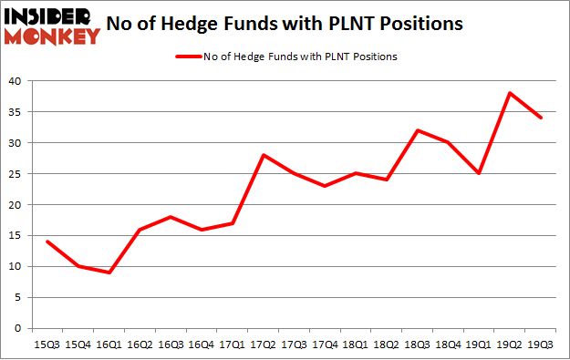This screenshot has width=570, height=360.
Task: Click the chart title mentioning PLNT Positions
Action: click(x=297, y=23)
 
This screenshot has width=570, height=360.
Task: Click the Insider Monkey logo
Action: click(x=53, y=25)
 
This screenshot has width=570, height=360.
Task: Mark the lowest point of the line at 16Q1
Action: click(x=110, y=273)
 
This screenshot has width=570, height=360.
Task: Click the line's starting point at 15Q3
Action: click(x=45, y=242)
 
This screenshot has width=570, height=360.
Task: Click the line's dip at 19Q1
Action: click(x=479, y=173)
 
